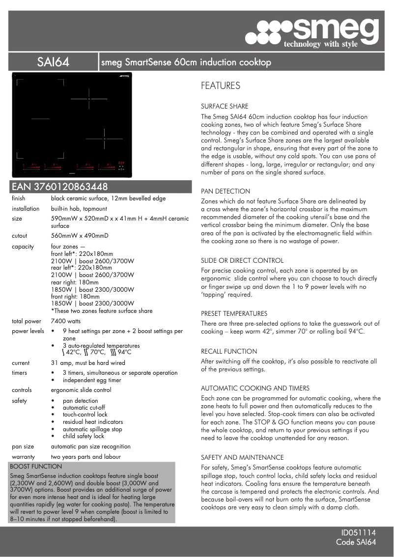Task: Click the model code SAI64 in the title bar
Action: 53,62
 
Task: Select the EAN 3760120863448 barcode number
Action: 59,187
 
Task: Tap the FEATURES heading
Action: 221,86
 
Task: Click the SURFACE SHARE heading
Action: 225,106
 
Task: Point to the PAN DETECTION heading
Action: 225,191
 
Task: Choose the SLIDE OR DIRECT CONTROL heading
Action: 242,260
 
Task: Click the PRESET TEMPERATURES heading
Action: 234,313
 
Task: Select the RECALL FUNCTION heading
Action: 229,351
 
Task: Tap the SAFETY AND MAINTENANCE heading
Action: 242,457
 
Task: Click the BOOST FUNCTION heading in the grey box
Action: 36,466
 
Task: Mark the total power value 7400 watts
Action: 66,321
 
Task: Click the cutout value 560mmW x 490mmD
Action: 80,236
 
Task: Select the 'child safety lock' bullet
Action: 84,436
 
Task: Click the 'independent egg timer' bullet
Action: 92,380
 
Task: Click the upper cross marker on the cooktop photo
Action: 89,99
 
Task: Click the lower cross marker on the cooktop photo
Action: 104,139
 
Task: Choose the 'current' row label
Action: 21,363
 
